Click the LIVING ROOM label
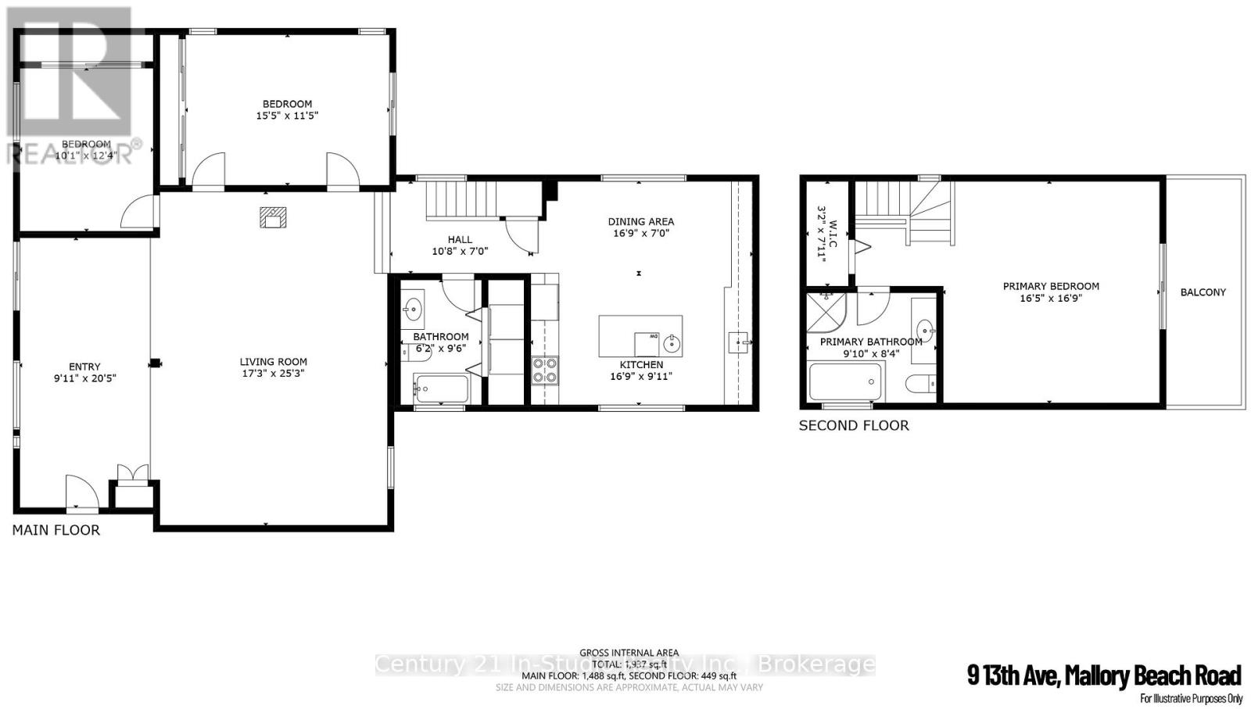coord(273,362)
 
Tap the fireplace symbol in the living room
coord(273,217)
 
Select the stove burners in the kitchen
coord(545,370)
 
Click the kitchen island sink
coord(671,342)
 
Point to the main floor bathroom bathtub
coord(440,388)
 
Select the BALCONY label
coord(1203,292)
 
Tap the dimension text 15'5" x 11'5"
coord(287,116)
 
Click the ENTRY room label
coord(84,367)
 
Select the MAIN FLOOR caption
coord(56,530)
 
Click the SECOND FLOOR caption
coord(853,426)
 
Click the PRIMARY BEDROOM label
coord(1051,286)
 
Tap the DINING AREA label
coord(640,222)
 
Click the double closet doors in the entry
coord(131,473)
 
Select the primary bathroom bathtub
coord(845,382)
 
